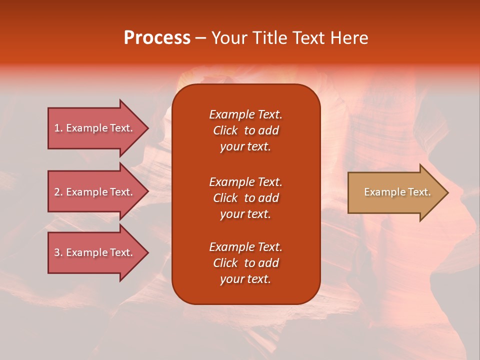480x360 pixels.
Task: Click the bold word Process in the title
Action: (157, 38)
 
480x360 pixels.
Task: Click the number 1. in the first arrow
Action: (58, 128)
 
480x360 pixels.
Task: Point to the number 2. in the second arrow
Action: (58, 192)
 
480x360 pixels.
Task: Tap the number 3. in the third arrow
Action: (58, 252)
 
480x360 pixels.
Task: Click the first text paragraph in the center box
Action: (245, 130)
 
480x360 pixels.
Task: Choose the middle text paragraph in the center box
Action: (245, 198)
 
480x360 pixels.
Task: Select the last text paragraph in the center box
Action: (245, 263)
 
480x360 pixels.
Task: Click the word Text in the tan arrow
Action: (418, 192)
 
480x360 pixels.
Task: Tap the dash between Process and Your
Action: (200, 38)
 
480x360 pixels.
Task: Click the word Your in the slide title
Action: (229, 38)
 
